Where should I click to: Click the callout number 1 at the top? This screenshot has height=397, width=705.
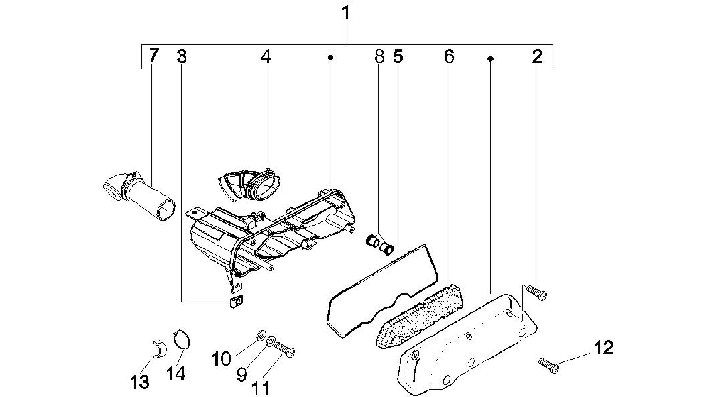point(346,13)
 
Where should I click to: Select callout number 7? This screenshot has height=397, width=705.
point(154,56)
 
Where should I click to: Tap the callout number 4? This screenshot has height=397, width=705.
point(266,56)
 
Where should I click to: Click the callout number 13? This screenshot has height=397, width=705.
point(140,382)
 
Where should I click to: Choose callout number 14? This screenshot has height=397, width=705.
point(176,373)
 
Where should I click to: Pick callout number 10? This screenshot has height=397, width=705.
point(221,359)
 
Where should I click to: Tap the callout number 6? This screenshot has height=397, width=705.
point(449,56)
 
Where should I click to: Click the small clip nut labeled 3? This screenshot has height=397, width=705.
point(235,302)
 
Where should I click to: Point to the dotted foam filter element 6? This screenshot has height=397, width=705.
point(419,316)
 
